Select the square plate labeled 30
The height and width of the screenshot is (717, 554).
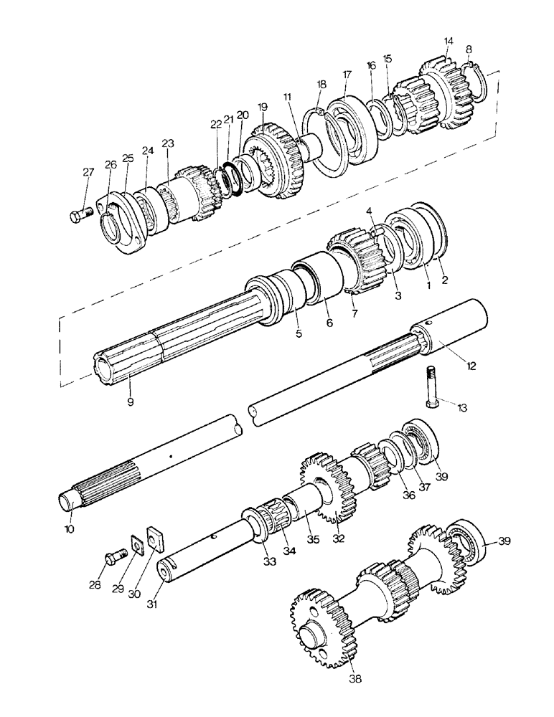click(154, 536)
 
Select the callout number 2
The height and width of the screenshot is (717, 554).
click(445, 280)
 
